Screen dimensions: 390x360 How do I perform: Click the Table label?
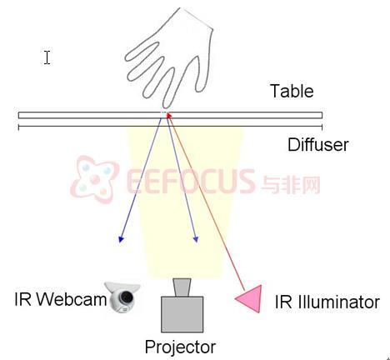[x=292, y=91]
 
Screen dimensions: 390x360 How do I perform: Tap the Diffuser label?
[x=318, y=145]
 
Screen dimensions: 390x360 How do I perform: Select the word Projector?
[x=180, y=347]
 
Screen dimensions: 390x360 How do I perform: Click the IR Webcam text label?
[x=61, y=299]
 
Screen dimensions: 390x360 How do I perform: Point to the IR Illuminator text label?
[x=327, y=302]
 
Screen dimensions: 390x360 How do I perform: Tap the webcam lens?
[x=127, y=297]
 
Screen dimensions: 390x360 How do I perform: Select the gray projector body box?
[x=182, y=314]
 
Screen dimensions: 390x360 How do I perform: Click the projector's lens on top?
[x=182, y=287]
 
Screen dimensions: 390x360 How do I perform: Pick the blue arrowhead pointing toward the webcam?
[x=121, y=239]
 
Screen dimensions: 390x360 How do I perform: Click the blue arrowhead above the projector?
[x=196, y=239]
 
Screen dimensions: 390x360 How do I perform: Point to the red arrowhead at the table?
[x=168, y=115]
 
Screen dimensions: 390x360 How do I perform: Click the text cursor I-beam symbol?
[x=47, y=57]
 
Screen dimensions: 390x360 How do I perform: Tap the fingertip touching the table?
[x=166, y=106]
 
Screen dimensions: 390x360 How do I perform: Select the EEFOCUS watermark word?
[x=190, y=181]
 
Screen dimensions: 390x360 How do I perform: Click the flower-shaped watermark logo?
[x=94, y=179]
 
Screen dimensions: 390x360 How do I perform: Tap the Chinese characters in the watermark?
[x=291, y=184]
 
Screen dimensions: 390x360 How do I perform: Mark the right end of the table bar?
[x=322, y=115]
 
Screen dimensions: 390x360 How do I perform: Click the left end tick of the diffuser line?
[x=18, y=127]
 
